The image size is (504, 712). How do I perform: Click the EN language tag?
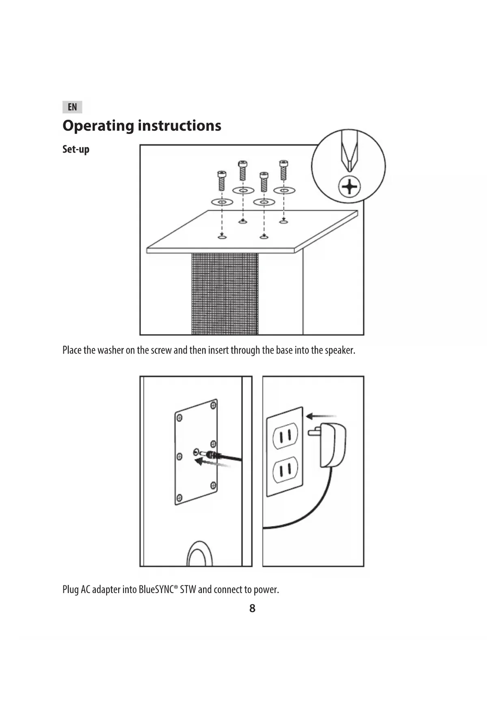[x=72, y=107]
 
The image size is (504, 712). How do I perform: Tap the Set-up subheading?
[x=76, y=149]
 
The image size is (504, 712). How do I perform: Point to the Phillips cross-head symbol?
[x=349, y=188]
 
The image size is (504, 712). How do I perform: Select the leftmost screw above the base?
[x=222, y=180]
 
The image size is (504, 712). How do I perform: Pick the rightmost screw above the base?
[x=283, y=170]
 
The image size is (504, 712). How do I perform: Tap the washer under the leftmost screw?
[x=222, y=202]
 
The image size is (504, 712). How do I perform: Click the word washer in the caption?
[x=110, y=350]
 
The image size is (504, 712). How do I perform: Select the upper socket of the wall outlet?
[x=285, y=436]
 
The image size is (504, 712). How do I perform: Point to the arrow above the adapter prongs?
[x=320, y=416]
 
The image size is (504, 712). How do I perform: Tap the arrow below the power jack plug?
[x=212, y=463]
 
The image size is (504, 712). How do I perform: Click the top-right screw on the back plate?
[x=213, y=405]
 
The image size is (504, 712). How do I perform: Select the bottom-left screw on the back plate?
[x=179, y=498]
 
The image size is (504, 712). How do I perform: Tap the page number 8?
[x=252, y=608]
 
